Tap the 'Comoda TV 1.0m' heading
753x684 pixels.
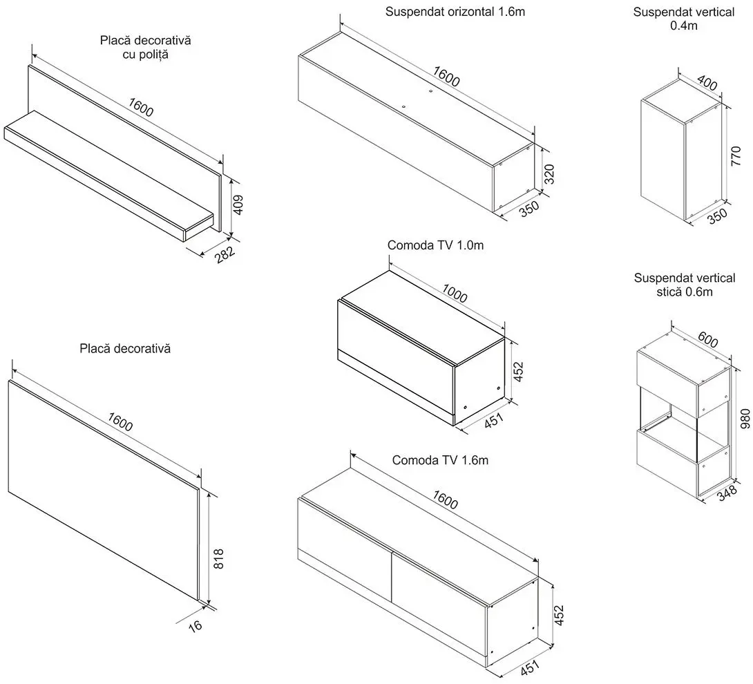[435, 245]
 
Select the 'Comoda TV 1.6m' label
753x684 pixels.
[440, 460]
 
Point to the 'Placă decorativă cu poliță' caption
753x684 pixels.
[145, 47]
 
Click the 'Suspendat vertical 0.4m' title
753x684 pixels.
[683, 19]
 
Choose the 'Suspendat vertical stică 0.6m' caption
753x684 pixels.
[685, 285]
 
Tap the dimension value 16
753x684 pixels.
[197, 627]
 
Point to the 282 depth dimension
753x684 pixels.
[225, 254]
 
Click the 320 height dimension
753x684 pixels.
[549, 174]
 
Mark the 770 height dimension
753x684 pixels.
[736, 156]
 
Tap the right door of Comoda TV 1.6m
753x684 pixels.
[439, 579]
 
